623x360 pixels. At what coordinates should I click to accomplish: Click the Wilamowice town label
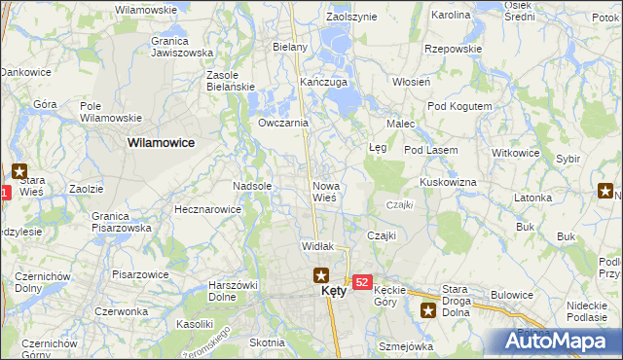[x=161, y=142]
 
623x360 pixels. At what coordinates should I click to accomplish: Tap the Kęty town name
[x=334, y=291]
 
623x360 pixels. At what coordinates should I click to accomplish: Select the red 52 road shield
[x=361, y=281]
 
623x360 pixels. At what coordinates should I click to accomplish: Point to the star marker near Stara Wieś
[x=18, y=170]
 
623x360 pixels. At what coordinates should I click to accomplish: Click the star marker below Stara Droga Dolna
[x=428, y=311]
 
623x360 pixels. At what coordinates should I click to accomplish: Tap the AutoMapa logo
[x=561, y=342]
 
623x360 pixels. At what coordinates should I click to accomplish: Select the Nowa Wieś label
[x=324, y=191]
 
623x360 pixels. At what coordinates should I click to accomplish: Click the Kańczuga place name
[x=324, y=82]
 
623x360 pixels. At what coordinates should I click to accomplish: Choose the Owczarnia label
[x=283, y=124]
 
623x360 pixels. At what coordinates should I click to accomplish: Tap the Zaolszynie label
[x=350, y=18]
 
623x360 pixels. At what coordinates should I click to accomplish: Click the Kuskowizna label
[x=447, y=182]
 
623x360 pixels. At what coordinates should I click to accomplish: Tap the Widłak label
[x=318, y=247]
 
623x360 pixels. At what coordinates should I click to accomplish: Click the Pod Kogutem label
[x=454, y=105]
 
